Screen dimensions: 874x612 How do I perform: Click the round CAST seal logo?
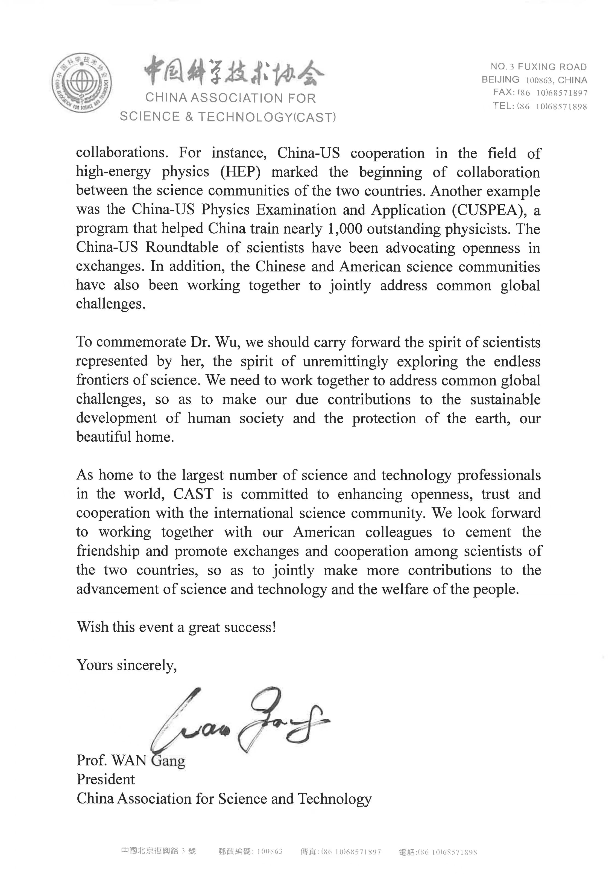point(82,83)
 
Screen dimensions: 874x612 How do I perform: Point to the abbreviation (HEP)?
point(240,172)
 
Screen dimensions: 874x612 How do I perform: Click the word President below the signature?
point(106,779)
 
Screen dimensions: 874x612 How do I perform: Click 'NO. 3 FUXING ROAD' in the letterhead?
point(538,67)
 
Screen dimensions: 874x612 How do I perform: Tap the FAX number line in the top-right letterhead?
point(540,92)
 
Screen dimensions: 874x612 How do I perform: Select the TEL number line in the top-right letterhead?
point(540,106)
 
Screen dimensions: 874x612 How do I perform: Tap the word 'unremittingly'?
point(345,361)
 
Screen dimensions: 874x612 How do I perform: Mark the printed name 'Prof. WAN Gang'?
point(131,760)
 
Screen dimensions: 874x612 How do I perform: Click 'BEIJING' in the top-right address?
point(500,80)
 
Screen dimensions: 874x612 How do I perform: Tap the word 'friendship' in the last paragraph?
point(108,551)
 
